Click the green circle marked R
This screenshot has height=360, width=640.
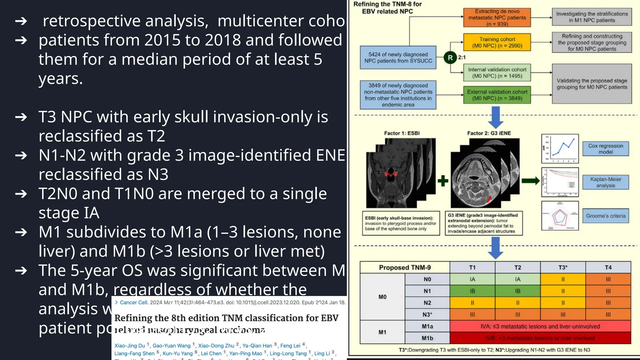(x=450, y=57)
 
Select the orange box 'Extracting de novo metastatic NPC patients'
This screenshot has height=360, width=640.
(x=497, y=17)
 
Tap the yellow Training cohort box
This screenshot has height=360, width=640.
(x=497, y=42)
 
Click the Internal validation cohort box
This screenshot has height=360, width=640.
(x=497, y=73)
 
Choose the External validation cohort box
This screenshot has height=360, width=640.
(x=497, y=95)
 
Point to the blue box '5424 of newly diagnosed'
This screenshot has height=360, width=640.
(x=398, y=58)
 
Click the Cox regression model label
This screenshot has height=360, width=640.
(x=606, y=149)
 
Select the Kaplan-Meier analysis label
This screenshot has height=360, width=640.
(x=606, y=182)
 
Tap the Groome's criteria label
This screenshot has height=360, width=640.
(x=606, y=216)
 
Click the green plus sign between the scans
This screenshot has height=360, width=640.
(x=443, y=181)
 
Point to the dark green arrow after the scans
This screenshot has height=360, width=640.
(x=531, y=181)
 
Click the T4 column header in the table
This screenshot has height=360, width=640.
(x=608, y=267)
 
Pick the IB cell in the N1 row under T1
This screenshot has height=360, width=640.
(x=472, y=291)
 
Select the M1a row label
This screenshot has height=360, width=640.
(x=427, y=326)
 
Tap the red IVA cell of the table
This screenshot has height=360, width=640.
(x=540, y=326)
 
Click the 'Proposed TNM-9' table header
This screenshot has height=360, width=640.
(x=405, y=267)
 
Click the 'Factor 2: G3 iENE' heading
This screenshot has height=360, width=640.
(x=489, y=133)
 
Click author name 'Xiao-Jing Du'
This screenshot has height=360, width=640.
(x=130, y=346)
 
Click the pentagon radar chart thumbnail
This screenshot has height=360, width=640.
(x=560, y=216)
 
